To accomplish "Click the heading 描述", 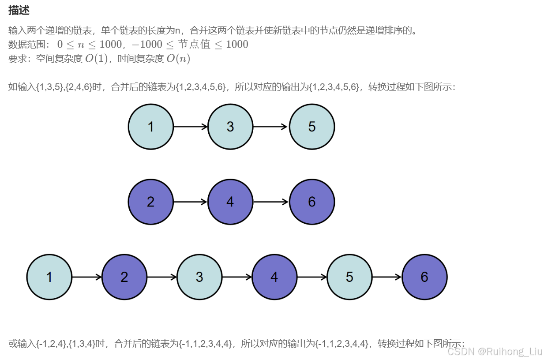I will pos(19,11).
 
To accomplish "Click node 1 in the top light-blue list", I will pos(151,127).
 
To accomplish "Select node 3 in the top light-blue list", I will pos(230,127).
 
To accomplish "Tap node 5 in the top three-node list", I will pos(312,127).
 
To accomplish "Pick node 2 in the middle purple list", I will pos(151,202).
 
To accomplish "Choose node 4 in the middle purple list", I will pos(230,202).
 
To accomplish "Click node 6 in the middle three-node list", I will pos(312,202).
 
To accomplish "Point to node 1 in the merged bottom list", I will pos(49,277).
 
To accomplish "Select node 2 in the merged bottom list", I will pos(124,277).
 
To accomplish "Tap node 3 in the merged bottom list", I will pos(199,277).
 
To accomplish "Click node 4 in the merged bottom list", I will pos(274,277).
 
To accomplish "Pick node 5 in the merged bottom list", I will pos(349,277).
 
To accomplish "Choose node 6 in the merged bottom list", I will pos(424,277).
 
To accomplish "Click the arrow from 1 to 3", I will pos(191,127).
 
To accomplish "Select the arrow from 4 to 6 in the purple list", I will pos(271,202).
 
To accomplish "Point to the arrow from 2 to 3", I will pos(162,277).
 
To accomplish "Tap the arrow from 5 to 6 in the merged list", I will pos(387,277).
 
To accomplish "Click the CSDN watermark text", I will pos(495,351).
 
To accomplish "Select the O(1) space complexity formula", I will pos(97,59).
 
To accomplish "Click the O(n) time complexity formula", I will pos(178,59).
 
